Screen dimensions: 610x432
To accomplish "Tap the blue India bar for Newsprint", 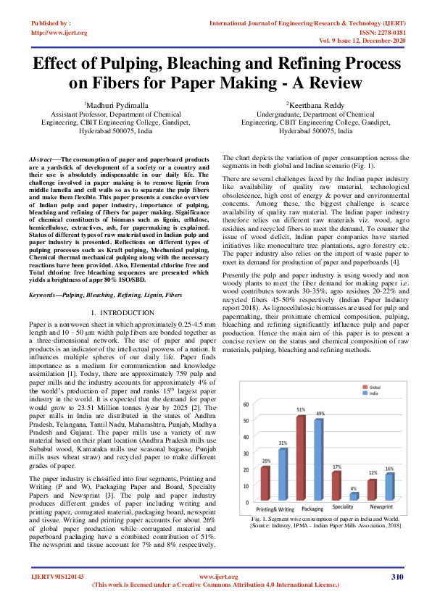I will tap(390, 487).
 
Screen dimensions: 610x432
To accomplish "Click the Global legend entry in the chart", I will tap(367, 387).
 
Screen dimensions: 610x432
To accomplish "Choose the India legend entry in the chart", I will tap(367, 394).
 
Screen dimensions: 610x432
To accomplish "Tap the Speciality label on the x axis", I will tap(344, 509).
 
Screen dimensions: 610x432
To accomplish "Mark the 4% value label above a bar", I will tap(354, 488).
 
